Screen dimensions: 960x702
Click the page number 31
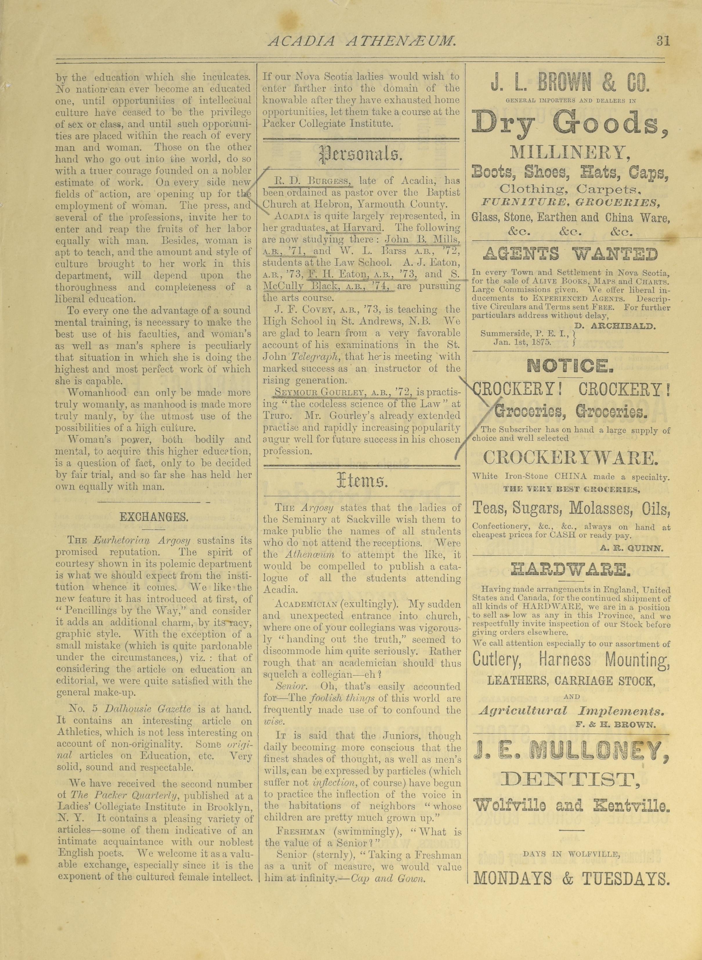click(663, 41)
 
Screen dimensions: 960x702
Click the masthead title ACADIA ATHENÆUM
click(362, 41)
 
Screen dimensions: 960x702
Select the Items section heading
click(361, 482)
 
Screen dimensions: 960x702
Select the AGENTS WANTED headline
click(571, 254)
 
